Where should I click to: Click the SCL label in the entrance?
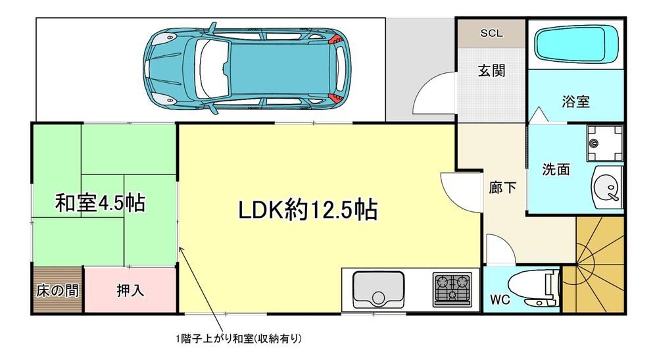pos(491,33)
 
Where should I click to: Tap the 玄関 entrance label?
pos(491,70)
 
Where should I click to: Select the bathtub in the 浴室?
pos(577,44)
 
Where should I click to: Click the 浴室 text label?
pos(575,101)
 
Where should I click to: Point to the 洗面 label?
pos(556,169)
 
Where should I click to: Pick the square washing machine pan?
pos(604,143)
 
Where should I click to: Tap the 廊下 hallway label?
pos(502,188)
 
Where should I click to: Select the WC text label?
pos(500,299)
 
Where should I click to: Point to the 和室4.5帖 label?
pos(100,203)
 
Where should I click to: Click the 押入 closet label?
pos(130,290)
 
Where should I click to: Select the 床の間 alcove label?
pos(57,290)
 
